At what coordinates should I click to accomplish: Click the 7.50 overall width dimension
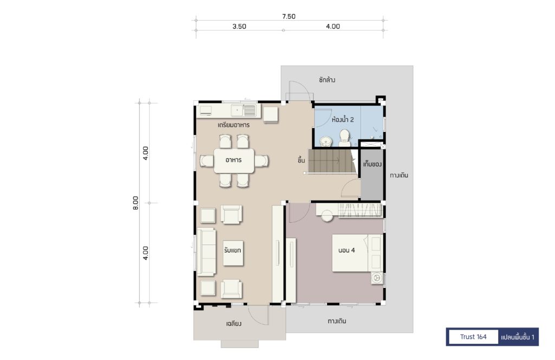click(x=288, y=16)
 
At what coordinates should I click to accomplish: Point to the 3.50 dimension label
click(x=239, y=26)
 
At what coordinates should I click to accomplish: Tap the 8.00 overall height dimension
click(x=135, y=203)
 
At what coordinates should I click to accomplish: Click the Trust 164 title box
click(x=473, y=337)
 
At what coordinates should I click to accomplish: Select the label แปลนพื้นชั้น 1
click(x=518, y=337)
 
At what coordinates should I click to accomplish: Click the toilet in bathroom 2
click(x=344, y=138)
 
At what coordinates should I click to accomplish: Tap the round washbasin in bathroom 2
click(x=326, y=142)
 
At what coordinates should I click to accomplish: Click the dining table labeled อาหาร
click(x=234, y=160)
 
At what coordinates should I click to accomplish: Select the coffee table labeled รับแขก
click(x=233, y=253)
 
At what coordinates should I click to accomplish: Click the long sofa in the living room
click(x=206, y=252)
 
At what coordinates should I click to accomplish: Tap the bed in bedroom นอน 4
click(x=357, y=253)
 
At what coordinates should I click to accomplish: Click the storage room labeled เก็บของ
click(x=372, y=175)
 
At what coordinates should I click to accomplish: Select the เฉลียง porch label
click(x=234, y=323)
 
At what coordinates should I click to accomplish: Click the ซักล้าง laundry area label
click(x=327, y=80)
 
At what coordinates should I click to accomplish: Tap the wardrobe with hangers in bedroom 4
click(x=360, y=210)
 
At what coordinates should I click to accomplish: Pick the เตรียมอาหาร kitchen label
click(x=234, y=125)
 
